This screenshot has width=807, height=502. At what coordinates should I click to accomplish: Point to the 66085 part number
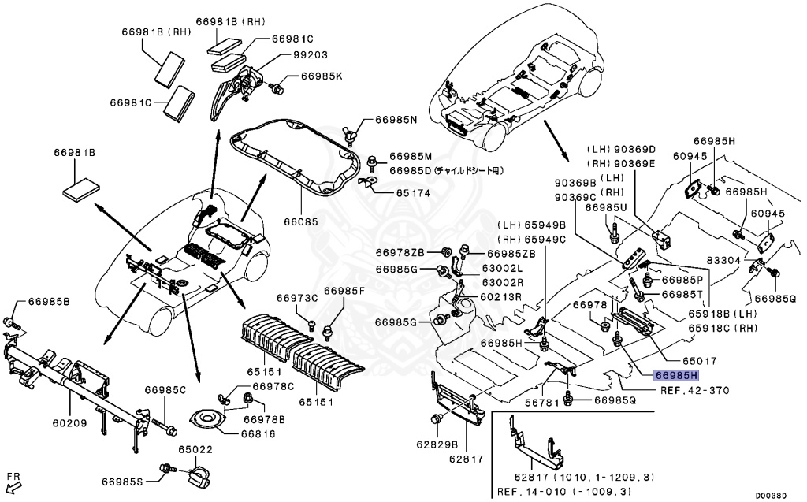[x=301, y=222]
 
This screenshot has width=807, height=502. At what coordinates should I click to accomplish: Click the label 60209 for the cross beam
[x=71, y=423]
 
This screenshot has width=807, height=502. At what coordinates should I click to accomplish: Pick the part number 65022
[x=195, y=449]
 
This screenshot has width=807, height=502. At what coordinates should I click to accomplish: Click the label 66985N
[x=396, y=120]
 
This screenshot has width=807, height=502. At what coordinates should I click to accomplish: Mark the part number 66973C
[x=296, y=298]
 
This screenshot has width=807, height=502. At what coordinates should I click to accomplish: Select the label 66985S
[x=122, y=481]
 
